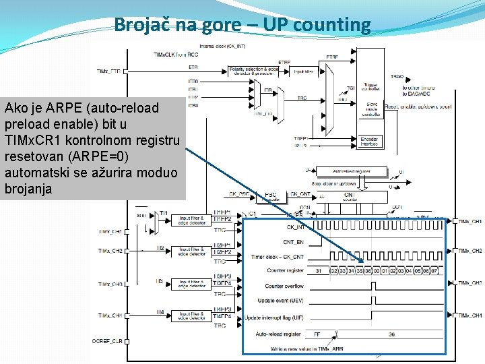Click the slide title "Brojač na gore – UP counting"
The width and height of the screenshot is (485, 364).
(243, 25)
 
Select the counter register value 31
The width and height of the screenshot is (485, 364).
(317, 271)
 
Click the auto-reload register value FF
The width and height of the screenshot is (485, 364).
(317, 334)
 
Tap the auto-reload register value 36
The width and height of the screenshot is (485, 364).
(391, 334)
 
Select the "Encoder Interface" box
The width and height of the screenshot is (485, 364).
(369, 142)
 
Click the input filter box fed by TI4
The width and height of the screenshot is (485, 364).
(193, 315)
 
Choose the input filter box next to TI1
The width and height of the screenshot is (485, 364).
(193, 219)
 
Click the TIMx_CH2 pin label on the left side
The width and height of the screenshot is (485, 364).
(111, 251)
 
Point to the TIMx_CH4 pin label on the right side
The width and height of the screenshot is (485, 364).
(470, 315)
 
